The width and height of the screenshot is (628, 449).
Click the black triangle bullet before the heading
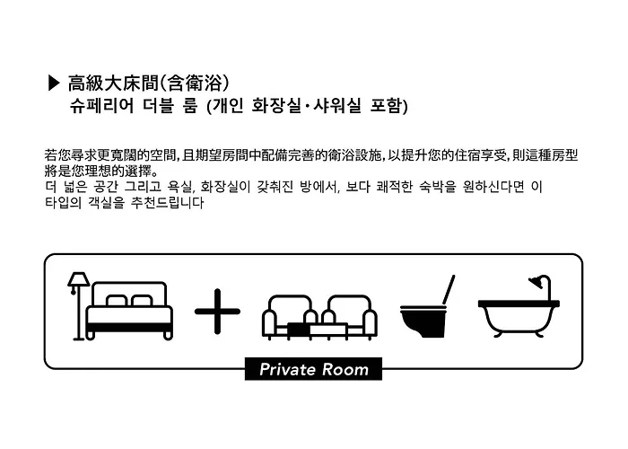pyautogui.click(x=53, y=83)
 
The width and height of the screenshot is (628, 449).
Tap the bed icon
pyautogui.click(x=129, y=311)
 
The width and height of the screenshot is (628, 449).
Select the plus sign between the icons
pyautogui.click(x=217, y=311)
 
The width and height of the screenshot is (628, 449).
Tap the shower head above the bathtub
pyautogui.click(x=536, y=282)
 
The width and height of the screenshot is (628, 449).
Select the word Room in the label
pyautogui.click(x=345, y=370)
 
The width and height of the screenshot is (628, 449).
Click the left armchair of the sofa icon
pyautogui.click(x=288, y=317)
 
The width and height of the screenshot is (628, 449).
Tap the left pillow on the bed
pyautogui.click(x=117, y=301)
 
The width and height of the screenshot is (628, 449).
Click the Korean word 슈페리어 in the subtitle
pyautogui.click(x=101, y=106)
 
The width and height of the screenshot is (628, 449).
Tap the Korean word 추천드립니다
pyautogui.click(x=168, y=202)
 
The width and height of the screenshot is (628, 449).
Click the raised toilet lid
pyautogui.click(x=449, y=289)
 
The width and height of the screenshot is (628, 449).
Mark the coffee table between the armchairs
pyautogui.click(x=318, y=330)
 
